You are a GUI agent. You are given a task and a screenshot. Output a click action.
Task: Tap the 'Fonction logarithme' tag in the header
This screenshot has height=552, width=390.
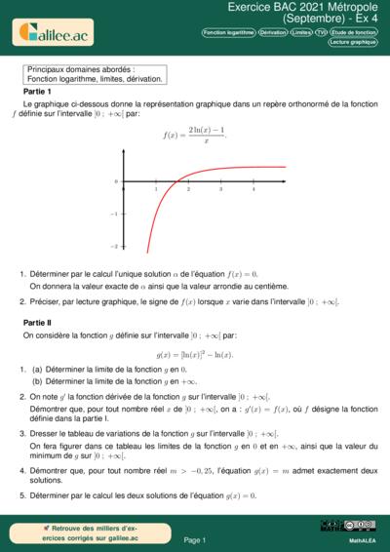pyautogui.click(x=228, y=32)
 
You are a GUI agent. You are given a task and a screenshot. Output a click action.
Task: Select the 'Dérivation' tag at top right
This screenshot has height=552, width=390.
pyautogui.click(x=273, y=32)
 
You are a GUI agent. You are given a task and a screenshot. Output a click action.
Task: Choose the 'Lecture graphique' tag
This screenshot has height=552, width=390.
pyautogui.click(x=353, y=43)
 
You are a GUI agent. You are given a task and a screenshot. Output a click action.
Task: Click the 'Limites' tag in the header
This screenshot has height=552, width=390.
pyautogui.click(x=302, y=32)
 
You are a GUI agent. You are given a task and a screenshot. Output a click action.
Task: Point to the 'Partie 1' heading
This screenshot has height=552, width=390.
pyautogui.click(x=38, y=89)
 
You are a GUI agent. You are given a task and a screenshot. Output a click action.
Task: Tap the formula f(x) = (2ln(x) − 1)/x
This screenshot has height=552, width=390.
pyautogui.click(x=194, y=135)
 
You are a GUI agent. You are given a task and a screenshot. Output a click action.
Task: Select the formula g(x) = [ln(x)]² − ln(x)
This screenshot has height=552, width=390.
pyautogui.click(x=195, y=355)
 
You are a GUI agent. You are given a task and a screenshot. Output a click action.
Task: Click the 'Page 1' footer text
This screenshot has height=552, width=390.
pyautogui.click(x=195, y=538)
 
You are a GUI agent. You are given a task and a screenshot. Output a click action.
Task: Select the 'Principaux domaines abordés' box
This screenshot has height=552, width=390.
pyautogui.click(x=96, y=74)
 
